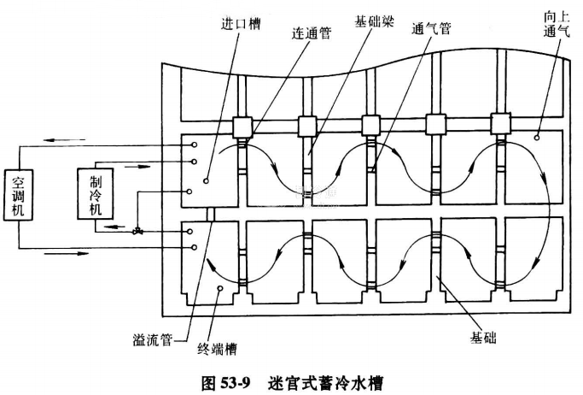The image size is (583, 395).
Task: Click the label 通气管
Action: point(434,30)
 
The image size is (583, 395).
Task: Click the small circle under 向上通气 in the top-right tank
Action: point(536,137)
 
